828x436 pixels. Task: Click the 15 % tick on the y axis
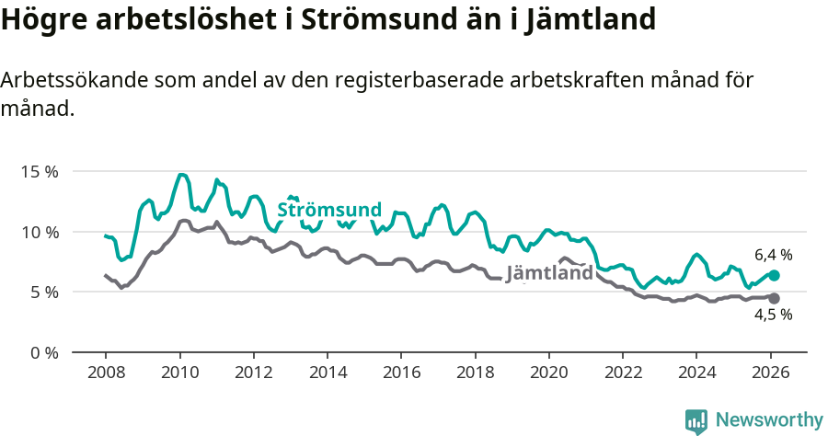(40, 171)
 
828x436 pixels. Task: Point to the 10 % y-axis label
(40, 232)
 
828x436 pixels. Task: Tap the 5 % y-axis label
(43, 292)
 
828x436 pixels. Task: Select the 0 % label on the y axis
(43, 352)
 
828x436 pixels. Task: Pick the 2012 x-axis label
(253, 373)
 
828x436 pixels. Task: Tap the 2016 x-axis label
(401, 373)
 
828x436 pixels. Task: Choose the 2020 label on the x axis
(549, 373)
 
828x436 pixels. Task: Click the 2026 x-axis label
(771, 373)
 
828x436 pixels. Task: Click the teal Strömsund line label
(329, 211)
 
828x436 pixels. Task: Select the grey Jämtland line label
(549, 273)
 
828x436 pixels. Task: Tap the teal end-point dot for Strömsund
(774, 275)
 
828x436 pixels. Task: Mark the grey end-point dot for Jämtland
(774, 298)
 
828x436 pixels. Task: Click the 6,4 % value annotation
(773, 255)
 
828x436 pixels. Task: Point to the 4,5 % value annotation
(773, 315)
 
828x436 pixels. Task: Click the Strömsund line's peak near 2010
(181, 175)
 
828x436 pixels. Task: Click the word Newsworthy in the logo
(769, 419)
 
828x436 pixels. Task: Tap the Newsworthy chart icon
(696, 420)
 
